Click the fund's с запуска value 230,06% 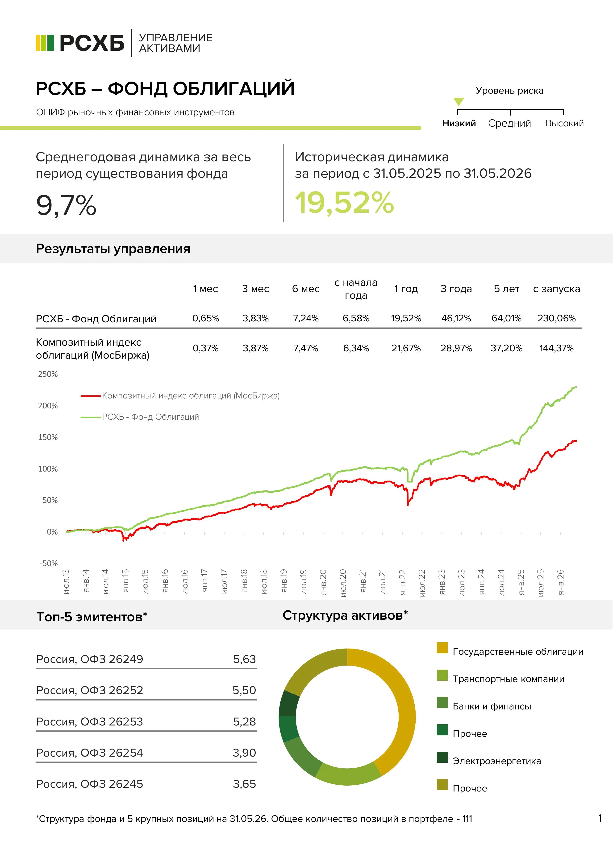pyautogui.click(x=557, y=318)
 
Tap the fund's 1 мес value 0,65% pyautogui.click(x=206, y=318)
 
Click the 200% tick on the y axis pyautogui.click(x=48, y=406)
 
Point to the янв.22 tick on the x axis pyautogui.click(x=403, y=582)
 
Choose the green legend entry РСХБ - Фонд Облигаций pyautogui.click(x=140, y=417)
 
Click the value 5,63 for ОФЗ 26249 pyautogui.click(x=245, y=659)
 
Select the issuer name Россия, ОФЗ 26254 pyautogui.click(x=90, y=753)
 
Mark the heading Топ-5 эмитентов pyautogui.click(x=92, y=617)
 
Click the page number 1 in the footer pyautogui.click(x=600, y=818)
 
